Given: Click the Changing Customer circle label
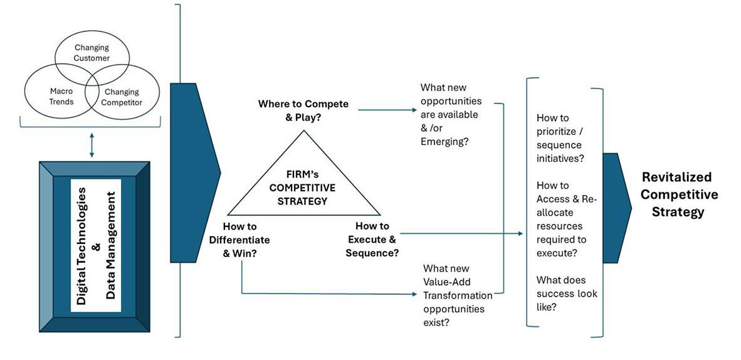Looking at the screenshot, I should (92, 53).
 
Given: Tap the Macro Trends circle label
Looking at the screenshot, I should (62, 97).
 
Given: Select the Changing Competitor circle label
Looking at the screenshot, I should (122, 97).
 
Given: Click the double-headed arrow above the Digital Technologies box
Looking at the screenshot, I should (92, 144).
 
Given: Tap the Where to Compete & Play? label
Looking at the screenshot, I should (303, 110).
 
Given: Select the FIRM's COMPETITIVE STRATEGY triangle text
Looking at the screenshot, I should (307, 188).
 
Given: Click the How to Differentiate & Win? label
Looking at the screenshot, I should (247, 239).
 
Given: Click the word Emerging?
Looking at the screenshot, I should (443, 142).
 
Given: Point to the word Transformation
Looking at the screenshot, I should (454, 295).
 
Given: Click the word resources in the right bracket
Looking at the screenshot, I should (559, 226).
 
